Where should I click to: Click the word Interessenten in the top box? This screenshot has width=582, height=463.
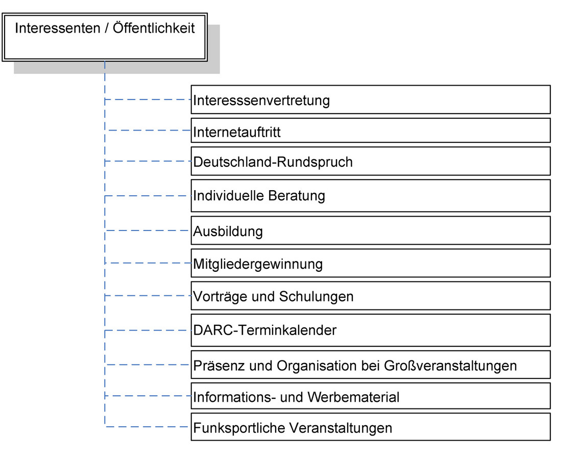point(58,28)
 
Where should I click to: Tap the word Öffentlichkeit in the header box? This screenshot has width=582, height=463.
point(154,28)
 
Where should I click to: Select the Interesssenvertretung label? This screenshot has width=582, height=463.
point(261,100)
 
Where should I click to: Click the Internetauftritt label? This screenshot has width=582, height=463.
point(237,132)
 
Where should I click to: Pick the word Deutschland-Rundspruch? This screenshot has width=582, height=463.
point(273,162)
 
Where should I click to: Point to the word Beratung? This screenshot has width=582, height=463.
point(296,196)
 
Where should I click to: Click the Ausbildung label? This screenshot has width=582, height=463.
point(228,231)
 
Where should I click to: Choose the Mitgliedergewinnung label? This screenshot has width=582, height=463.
point(258,264)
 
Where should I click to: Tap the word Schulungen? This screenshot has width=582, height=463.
point(316,297)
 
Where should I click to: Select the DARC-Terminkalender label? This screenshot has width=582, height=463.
point(264,330)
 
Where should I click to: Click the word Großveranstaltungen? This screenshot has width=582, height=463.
point(450,366)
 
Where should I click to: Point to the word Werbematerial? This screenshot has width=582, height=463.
point(353,397)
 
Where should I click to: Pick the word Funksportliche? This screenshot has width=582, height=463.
point(239,428)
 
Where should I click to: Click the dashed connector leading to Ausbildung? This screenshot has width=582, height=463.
point(148,230)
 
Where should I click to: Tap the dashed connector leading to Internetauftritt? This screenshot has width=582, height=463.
point(148,130)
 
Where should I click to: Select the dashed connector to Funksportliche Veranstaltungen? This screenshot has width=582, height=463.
point(148,427)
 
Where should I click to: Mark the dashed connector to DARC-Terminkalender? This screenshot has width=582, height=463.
point(148,330)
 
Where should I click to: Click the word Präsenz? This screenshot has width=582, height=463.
point(220,366)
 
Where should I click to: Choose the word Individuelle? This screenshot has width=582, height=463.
point(228,196)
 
